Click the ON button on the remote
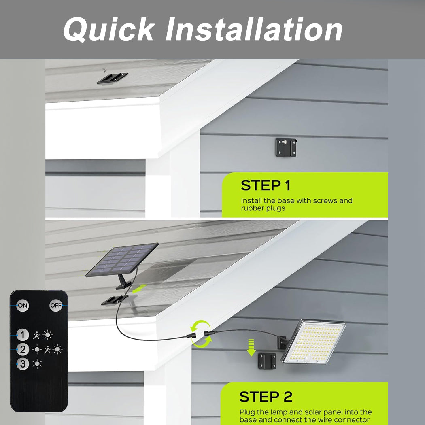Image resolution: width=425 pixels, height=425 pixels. (23, 305)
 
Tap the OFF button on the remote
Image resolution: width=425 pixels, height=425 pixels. (55, 305)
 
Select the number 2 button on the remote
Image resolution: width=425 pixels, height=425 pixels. (23, 349)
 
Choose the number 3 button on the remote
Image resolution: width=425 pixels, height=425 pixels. (23, 364)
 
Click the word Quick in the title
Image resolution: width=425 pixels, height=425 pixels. (109, 30)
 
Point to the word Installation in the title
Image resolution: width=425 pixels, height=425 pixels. (254, 30)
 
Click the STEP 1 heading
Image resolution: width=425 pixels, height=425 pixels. (266, 185)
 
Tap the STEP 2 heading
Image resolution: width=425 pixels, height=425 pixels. (266, 397)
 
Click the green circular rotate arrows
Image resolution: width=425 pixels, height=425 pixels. (201, 334)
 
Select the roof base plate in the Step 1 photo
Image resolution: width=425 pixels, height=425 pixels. (112, 78)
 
